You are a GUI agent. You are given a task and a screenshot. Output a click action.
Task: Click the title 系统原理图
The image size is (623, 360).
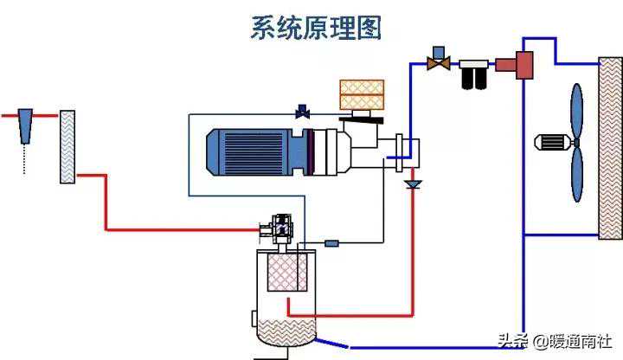point(316,28)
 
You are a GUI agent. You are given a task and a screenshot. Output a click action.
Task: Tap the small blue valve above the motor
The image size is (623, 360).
point(303,112)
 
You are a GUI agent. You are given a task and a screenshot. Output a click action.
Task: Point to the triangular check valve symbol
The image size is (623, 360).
point(413,184)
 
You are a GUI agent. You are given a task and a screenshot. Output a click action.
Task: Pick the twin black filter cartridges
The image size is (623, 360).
point(473,75)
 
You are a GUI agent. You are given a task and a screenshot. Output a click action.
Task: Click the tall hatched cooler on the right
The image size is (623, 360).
point(611,147)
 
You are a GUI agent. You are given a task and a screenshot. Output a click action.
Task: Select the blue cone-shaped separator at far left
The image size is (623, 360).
point(25,121)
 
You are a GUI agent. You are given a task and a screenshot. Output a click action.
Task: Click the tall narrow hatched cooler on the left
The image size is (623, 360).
point(67,147)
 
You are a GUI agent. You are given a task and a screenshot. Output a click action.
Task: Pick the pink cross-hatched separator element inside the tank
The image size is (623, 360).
point(286,273)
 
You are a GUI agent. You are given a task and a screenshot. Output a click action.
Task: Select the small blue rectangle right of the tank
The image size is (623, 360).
point(331,244)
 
